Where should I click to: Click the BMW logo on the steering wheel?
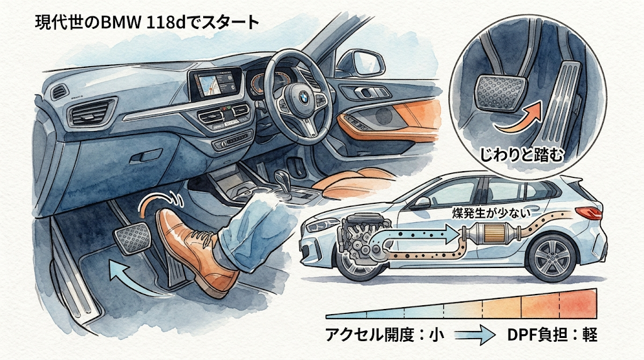pyautogui.click(x=303, y=98)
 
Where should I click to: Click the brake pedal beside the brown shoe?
pyautogui.click(x=133, y=239)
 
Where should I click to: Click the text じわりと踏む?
pyautogui.click(x=521, y=155)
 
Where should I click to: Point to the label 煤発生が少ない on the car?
pyautogui.click(x=491, y=213)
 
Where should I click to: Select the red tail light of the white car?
pyautogui.click(x=589, y=213)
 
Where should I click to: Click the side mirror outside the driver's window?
pyautogui.click(x=362, y=62)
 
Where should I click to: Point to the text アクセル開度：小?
pyautogui.click(x=385, y=335)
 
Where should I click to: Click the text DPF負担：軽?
pyautogui.click(x=552, y=335)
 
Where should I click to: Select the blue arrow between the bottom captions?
pyautogui.click(x=475, y=335)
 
